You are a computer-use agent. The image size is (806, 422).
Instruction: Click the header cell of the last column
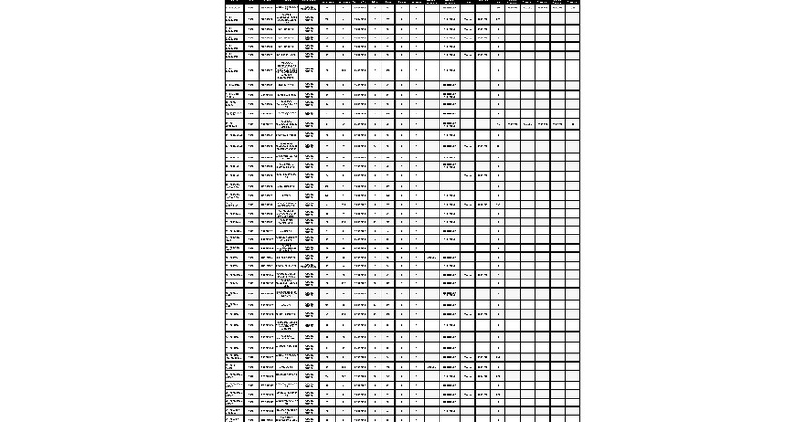[x=573, y=2]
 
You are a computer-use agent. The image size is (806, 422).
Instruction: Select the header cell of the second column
[x=251, y=2]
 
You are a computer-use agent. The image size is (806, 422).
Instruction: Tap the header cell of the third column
[x=268, y=2]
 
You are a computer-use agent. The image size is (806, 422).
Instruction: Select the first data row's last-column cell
[x=573, y=8]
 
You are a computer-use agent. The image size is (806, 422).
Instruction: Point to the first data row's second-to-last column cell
[x=558, y=8]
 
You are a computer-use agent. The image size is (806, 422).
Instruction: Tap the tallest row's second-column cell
[x=251, y=70]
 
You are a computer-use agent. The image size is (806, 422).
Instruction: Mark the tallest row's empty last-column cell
[x=573, y=70]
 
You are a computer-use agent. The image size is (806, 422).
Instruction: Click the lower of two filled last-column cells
[x=573, y=124]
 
